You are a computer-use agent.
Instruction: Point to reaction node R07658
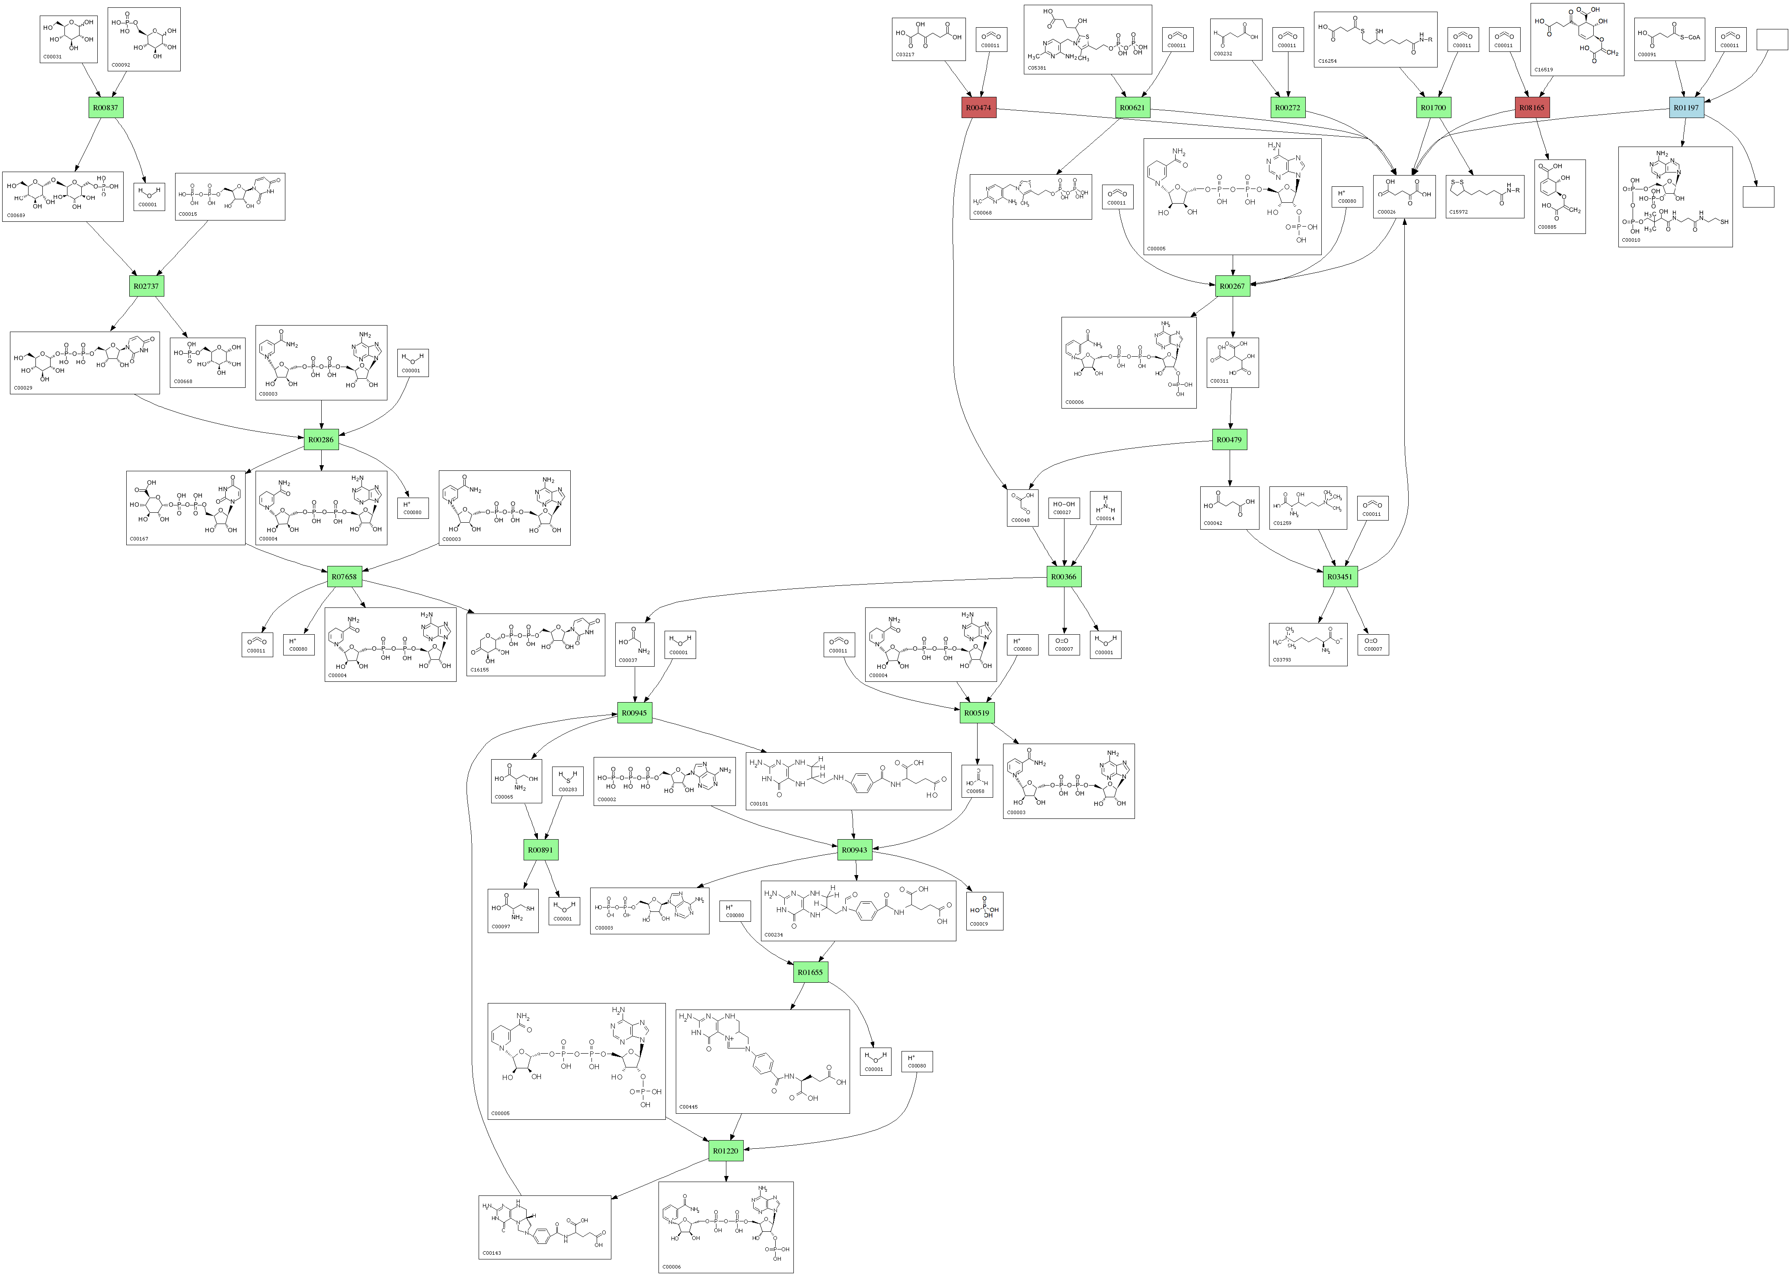(344, 577)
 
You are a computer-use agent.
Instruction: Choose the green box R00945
(634, 713)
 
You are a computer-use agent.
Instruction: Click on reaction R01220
(726, 1151)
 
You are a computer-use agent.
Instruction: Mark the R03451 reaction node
(1339, 577)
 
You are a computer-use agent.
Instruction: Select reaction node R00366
(1064, 577)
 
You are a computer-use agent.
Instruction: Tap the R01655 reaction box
(810, 973)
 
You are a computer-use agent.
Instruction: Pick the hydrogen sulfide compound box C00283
(568, 781)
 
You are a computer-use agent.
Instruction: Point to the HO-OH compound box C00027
(1064, 508)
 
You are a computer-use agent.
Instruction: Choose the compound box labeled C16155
(535, 645)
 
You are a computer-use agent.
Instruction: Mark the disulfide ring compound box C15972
(1485, 196)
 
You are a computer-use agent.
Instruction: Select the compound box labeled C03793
(1308, 645)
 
